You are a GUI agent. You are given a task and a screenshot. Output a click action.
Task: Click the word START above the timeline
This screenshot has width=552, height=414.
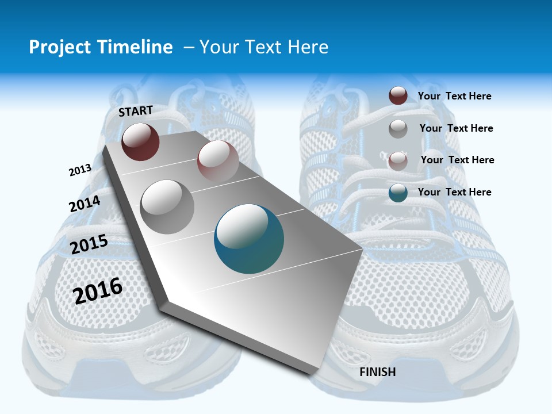click(x=136, y=110)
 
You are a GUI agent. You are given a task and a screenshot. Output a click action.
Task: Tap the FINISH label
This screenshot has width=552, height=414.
click(x=378, y=372)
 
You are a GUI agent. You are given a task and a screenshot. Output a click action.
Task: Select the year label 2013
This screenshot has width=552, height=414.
click(x=80, y=170)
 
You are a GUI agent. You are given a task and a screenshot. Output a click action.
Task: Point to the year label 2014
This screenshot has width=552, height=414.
click(x=85, y=204)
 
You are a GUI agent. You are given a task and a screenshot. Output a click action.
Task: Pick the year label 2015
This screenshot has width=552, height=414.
click(x=89, y=244)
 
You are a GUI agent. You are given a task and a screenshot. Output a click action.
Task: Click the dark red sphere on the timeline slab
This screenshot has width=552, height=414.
click(x=140, y=141)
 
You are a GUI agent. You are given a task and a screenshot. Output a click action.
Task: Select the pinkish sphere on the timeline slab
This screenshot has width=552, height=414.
click(x=217, y=160)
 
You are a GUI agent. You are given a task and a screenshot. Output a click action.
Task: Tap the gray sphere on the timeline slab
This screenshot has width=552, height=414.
click(x=167, y=206)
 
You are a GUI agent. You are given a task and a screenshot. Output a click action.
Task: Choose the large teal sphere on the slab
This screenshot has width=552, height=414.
click(x=249, y=239)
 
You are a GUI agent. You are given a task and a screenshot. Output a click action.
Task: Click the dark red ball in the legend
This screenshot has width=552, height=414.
click(x=398, y=95)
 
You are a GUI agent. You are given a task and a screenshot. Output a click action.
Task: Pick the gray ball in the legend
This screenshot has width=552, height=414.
click(x=398, y=129)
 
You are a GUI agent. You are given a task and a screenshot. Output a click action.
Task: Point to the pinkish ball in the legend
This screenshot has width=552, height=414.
click(x=398, y=161)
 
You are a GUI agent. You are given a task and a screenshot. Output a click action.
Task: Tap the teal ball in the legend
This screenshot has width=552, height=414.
click(x=398, y=193)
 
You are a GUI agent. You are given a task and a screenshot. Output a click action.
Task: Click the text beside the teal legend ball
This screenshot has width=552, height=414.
click(x=454, y=192)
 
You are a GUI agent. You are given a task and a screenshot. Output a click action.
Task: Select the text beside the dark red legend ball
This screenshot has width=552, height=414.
click(x=454, y=96)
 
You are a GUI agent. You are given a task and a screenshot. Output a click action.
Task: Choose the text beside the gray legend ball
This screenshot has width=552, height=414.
click(x=456, y=128)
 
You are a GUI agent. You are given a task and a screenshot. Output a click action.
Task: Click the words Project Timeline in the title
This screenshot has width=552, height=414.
click(x=101, y=47)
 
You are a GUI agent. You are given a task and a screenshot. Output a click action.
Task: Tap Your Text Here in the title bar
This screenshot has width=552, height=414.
click(x=263, y=47)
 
